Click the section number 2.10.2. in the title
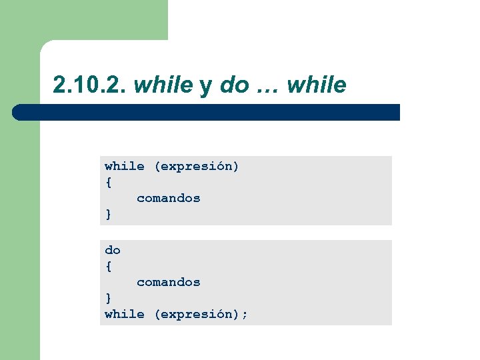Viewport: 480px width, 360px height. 90,85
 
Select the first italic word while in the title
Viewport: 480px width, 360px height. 163,85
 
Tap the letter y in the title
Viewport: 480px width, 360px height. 205,87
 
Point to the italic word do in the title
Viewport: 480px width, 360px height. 233,85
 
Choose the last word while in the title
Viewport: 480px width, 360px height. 319,85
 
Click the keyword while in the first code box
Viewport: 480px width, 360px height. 124,166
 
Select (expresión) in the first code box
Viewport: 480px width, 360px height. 196,166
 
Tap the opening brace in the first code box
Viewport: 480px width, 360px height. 108,182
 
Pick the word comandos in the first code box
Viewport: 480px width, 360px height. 168,198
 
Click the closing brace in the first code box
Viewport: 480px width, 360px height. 108,214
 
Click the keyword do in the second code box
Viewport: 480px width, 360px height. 112,250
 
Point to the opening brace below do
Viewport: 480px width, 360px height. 108,266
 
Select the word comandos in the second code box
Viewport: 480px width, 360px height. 168,282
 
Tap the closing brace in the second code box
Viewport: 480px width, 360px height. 108,298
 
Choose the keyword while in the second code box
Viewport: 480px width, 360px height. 124,314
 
